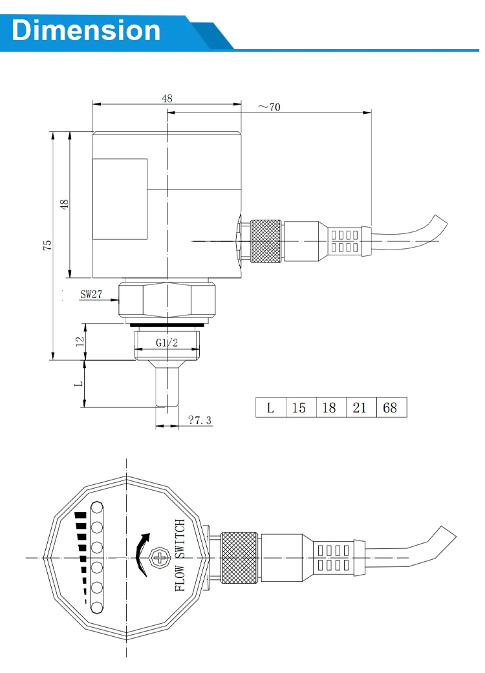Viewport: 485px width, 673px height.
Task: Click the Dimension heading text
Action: coord(86,30)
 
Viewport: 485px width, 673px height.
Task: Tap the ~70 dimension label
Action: coord(269,107)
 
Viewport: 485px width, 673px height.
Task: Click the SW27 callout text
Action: coord(91,294)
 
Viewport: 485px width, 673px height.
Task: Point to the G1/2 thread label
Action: coord(167,343)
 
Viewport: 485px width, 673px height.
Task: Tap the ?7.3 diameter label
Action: coord(200,420)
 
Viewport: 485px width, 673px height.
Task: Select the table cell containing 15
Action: coord(299,408)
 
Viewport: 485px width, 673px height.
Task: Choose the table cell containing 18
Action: coord(330,408)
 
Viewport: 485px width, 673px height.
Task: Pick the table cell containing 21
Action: coord(360,408)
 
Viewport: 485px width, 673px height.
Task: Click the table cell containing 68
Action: coord(391,408)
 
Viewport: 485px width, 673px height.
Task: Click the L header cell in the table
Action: coord(270,408)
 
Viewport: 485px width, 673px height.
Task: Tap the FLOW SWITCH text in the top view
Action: coord(180,555)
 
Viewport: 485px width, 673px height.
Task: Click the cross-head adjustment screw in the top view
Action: coord(159,557)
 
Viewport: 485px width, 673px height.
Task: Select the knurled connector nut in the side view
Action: coord(266,241)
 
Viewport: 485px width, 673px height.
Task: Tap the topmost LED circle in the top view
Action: coord(97,507)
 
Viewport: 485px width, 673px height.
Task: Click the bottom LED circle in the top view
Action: coord(97,607)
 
